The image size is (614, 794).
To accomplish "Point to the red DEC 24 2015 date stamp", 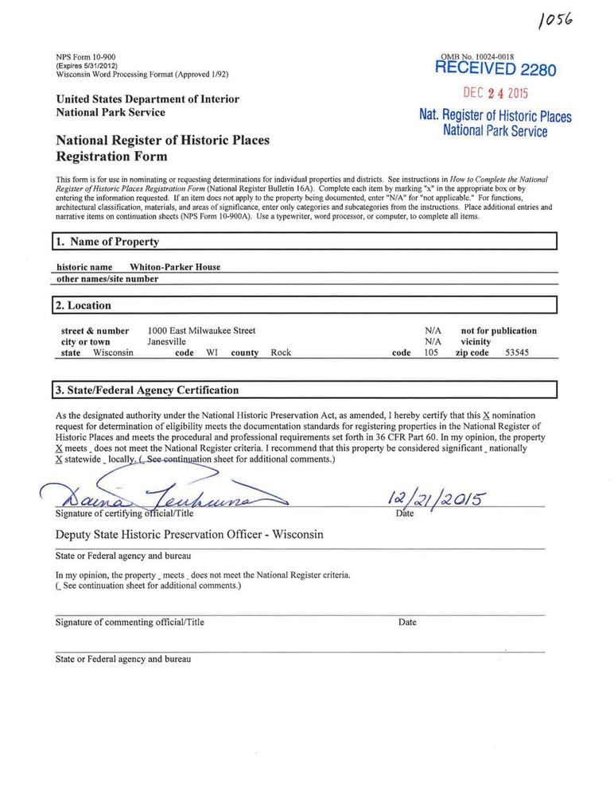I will tap(495, 94).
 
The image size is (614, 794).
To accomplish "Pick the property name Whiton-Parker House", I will tap(175, 267).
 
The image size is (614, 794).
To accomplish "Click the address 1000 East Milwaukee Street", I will tap(201, 331).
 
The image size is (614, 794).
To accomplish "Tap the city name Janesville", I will tap(167, 342).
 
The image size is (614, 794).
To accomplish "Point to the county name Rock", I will tap(281, 353).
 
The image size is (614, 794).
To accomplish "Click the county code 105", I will tap(432, 353).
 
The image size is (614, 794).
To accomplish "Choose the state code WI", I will tap(212, 353).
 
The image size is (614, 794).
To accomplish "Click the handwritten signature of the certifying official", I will tap(159, 497).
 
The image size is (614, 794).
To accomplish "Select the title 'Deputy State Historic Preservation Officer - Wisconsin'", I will tap(189, 535).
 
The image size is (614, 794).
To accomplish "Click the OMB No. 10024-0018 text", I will tap(476, 57).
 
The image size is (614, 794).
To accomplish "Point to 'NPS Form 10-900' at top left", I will tap(86, 57).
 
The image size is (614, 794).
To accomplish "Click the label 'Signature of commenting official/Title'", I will tap(130, 622).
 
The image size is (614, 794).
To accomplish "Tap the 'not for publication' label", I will tap(499, 331).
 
